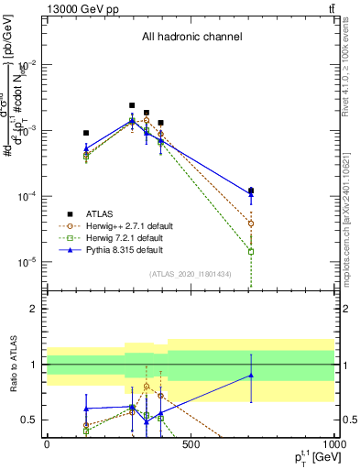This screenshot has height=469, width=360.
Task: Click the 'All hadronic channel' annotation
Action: point(191,38)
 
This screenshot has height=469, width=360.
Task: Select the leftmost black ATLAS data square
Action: point(86,133)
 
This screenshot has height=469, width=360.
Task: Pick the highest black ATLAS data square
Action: point(132,105)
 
